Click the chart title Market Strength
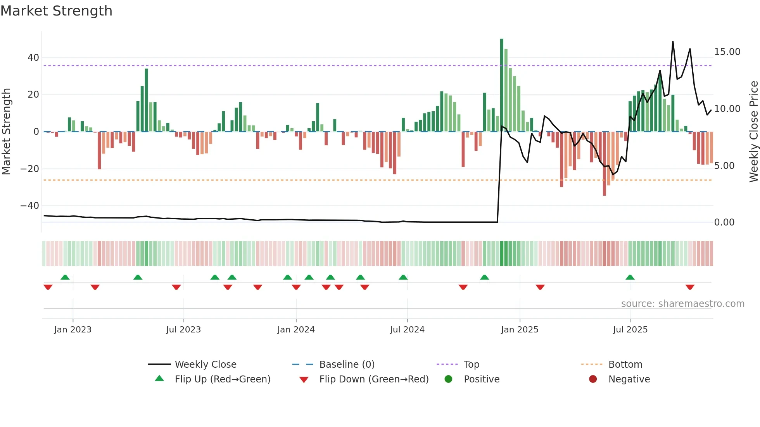click(56, 11)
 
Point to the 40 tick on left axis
click(33, 58)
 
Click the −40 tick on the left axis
click(30, 206)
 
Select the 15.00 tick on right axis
click(727, 52)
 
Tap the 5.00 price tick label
click(724, 166)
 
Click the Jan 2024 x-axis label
click(296, 330)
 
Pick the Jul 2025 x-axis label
click(630, 330)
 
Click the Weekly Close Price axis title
click(753, 132)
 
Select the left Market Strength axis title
click(6, 132)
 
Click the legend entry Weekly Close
click(205, 365)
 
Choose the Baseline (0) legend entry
click(347, 365)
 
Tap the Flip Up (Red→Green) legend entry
click(222, 379)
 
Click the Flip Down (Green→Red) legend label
click(374, 379)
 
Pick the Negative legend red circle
click(593, 379)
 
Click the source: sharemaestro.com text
click(682, 304)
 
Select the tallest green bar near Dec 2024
click(502, 85)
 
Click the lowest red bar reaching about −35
click(604, 164)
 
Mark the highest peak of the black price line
click(673, 42)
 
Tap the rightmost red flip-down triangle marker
click(690, 287)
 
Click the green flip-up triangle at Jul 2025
click(630, 277)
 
